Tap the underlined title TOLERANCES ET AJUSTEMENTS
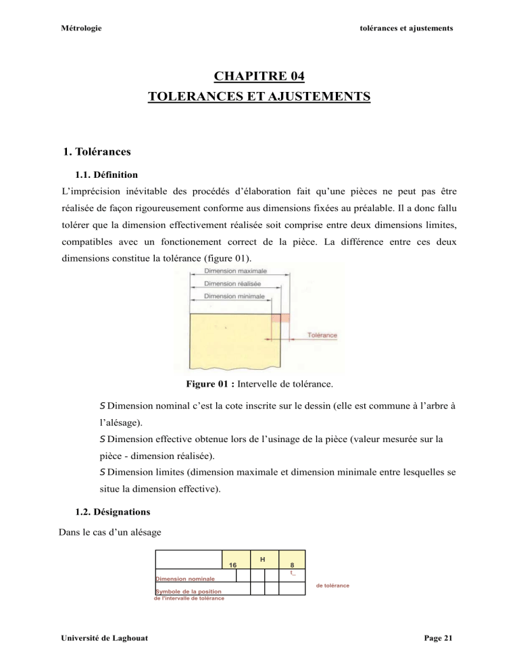(259, 97)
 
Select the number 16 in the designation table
(232, 565)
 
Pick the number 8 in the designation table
(291, 565)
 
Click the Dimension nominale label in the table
(186, 579)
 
